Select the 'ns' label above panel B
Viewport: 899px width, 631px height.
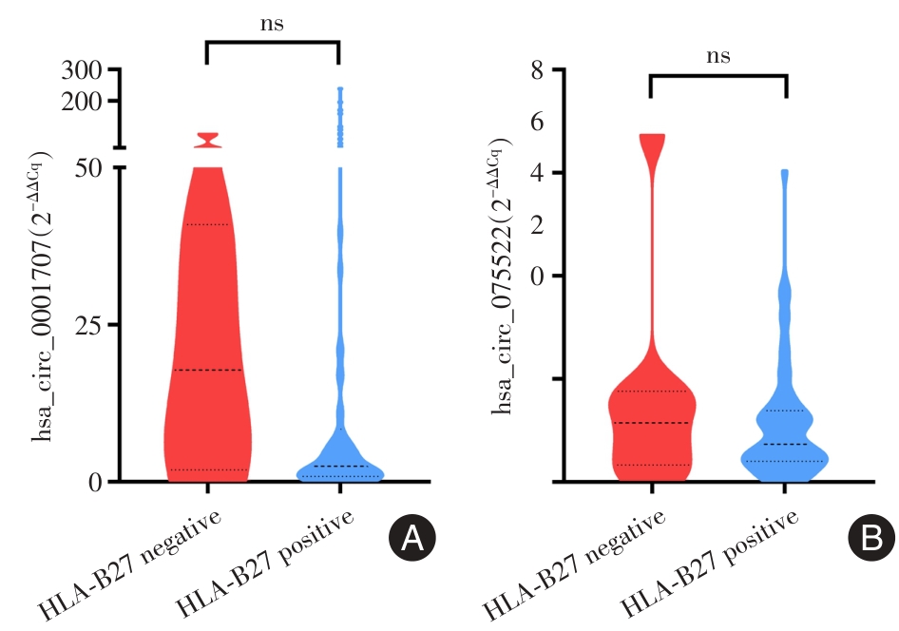pos(718,55)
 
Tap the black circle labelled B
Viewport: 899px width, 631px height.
pos(870,539)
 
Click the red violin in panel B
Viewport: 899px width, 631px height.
pos(652,418)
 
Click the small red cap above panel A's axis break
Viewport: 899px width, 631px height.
pos(206,140)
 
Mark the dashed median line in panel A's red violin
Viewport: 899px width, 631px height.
pos(206,370)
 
